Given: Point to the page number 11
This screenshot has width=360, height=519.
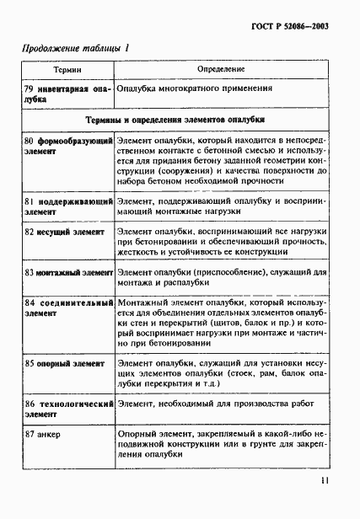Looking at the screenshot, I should point(325,483).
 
